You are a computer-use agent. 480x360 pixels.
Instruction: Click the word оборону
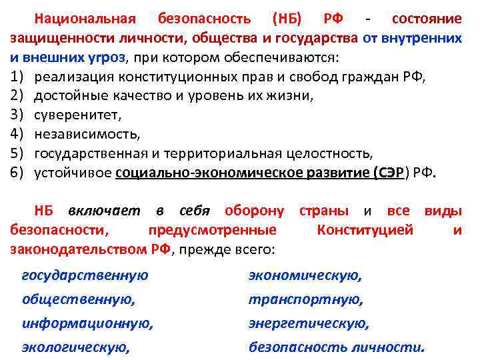coord(254,211)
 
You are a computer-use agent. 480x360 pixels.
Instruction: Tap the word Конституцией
coord(365,231)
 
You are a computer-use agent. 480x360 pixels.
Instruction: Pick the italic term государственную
coord(85,275)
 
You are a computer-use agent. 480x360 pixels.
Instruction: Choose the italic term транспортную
coord(305,299)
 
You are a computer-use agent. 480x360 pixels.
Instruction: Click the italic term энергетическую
coord(308,323)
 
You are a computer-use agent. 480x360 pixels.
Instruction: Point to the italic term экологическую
coord(75,347)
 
